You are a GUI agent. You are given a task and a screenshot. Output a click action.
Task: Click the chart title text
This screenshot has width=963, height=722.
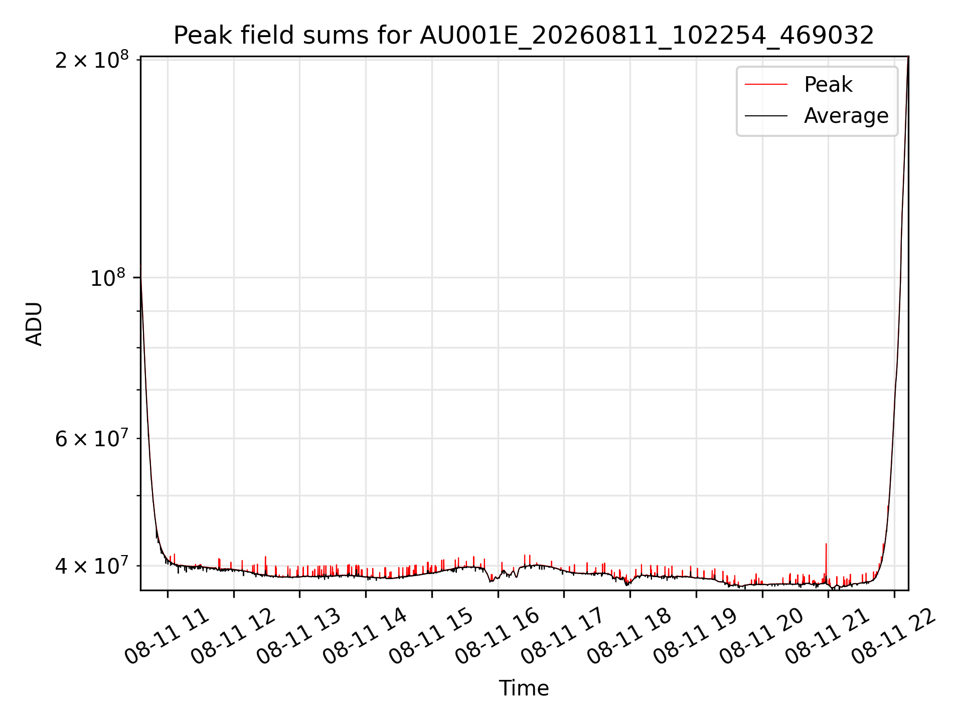pos(524,36)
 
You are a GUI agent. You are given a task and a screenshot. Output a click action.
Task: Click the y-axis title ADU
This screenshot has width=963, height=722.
pos(34,323)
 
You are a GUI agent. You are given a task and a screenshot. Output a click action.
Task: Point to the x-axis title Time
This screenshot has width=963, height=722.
pos(524,688)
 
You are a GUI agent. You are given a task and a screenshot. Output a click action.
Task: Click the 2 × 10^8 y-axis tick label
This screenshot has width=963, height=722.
pos(92,60)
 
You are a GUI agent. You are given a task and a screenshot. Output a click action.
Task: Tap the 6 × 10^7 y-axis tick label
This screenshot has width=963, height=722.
pos(92,439)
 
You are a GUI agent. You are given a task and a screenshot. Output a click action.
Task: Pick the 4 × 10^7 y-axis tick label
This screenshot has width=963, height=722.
pos(92,566)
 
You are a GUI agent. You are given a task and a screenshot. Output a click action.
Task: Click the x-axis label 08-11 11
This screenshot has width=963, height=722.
pos(167,636)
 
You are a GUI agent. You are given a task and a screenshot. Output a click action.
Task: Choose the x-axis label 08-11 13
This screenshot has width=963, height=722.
pos(299,636)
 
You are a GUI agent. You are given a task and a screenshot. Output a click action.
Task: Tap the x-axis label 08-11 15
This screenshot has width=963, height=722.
pos(431,636)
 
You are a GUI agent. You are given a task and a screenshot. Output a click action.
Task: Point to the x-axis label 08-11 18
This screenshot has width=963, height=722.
pos(629,636)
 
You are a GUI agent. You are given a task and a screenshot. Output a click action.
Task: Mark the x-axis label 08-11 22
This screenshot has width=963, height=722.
pos(894,636)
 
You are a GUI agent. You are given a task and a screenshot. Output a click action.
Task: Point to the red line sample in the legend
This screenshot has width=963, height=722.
pos(766,85)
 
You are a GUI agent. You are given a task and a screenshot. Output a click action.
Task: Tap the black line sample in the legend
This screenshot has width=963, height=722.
pos(766,116)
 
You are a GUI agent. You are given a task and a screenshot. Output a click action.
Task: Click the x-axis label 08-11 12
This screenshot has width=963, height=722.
pos(233,636)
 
